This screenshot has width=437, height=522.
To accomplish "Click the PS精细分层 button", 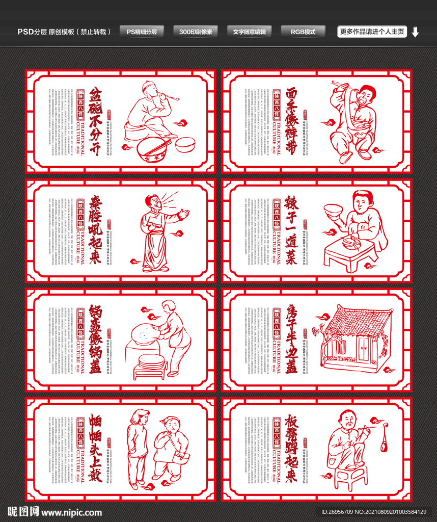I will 142,32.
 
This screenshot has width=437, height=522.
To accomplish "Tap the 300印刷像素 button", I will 196,32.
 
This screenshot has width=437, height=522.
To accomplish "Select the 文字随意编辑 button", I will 250,32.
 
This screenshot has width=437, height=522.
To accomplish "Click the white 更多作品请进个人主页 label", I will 372,32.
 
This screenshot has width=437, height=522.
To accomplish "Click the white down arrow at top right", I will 415,32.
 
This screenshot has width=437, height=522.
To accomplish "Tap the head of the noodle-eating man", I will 366,95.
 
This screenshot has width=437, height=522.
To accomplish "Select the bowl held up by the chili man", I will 333,210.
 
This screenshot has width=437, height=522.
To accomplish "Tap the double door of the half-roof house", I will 364,348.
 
